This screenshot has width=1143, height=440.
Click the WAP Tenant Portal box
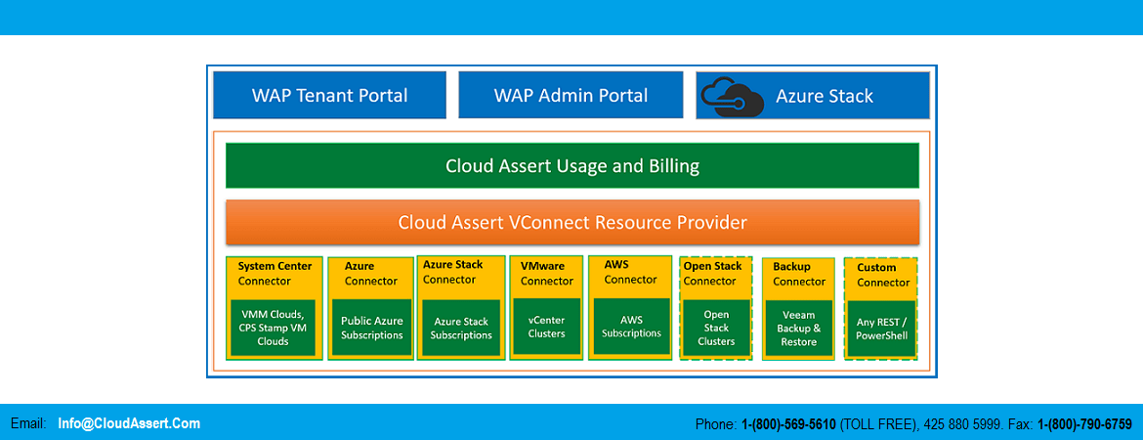(329, 95)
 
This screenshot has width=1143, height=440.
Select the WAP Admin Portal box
(571, 95)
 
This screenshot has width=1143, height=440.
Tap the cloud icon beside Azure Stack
(732, 97)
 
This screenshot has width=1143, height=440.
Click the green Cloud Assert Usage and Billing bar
(571, 165)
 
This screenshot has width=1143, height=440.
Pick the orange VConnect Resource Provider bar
(571, 222)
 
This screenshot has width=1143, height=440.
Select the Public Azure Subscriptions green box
(371, 328)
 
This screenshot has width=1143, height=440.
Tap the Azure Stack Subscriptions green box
(461, 328)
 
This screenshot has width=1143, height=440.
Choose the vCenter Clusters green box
(546, 327)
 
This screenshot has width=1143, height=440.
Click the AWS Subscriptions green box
(631, 327)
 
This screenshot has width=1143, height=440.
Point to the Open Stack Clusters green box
(716, 328)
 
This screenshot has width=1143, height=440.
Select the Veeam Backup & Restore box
(798, 328)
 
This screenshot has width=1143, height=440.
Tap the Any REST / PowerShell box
(881, 328)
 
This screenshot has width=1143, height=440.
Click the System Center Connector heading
(275, 273)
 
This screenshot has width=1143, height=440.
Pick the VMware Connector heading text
(546, 273)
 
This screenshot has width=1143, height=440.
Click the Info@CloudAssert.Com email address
(129, 423)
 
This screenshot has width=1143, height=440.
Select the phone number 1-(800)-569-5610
(788, 424)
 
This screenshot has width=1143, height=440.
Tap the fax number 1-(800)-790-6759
(1083, 424)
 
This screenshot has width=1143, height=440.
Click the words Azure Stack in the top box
(824, 96)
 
